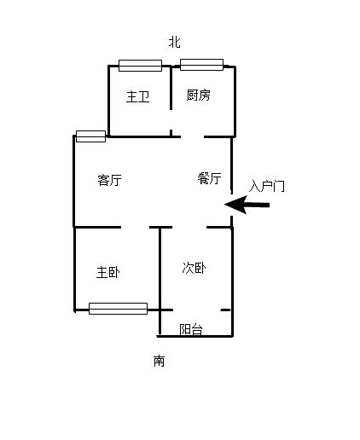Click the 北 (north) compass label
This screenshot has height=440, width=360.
tap(174, 42)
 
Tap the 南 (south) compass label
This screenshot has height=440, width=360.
tap(159, 361)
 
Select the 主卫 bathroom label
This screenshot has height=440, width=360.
tap(138, 96)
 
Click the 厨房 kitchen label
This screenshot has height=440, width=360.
tap(199, 95)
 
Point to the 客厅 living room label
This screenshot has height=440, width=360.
tap(109, 180)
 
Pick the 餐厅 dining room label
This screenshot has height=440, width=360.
tap(210, 178)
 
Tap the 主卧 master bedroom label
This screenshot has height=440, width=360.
tap(108, 272)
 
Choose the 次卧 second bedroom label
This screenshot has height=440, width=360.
tap(195, 268)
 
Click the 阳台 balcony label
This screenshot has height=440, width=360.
tap(191, 329)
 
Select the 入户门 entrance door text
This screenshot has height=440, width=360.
tap(267, 186)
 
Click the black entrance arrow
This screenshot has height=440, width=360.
tap(247, 205)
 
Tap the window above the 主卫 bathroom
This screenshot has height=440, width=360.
tap(140, 66)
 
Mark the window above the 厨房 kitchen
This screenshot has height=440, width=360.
tap(201, 65)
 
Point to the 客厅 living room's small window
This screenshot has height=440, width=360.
tap(91, 136)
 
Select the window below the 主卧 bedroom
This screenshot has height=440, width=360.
tap(118, 309)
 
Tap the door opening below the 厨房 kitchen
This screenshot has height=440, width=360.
tap(192, 136)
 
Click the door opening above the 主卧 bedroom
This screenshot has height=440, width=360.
tap(135, 227)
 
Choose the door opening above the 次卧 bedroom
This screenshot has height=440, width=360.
tap(189, 227)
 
